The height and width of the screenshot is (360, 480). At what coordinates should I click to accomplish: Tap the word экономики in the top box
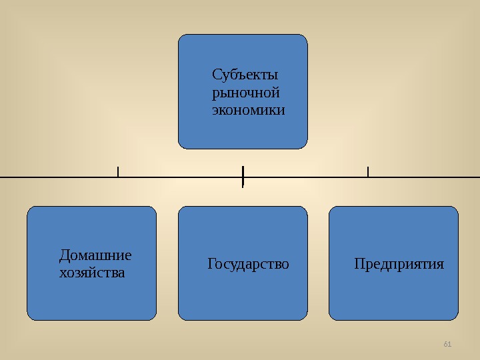248,109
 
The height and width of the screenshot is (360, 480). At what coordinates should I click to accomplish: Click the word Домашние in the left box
95,255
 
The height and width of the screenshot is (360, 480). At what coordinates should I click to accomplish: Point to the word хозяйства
92,273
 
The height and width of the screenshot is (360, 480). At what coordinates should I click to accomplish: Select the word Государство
249,264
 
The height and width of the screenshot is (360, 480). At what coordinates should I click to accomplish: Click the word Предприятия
399,264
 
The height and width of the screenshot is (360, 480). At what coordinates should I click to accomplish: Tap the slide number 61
447,344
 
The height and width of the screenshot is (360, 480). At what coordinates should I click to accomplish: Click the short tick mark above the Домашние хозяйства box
117,171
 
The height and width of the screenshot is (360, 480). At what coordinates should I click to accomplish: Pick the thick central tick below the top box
243,176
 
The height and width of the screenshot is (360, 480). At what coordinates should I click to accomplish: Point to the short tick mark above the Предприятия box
368,171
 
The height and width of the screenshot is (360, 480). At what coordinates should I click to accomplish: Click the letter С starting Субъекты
216,73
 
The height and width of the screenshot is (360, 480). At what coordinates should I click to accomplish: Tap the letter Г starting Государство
211,264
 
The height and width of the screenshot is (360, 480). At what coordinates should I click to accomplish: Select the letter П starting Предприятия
359,264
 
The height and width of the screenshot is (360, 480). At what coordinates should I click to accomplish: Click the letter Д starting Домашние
64,255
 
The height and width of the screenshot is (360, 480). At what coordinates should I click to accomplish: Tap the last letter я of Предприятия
440,265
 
